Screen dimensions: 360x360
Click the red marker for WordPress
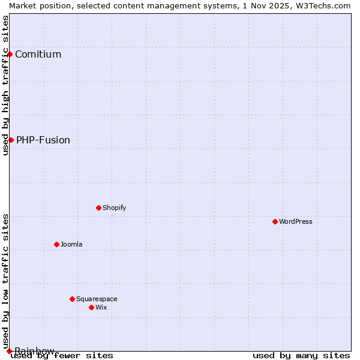tap(275, 221)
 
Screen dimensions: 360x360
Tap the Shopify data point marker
tap(98, 208)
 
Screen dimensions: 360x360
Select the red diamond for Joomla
tap(56, 244)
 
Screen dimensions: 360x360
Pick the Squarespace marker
tap(72, 299)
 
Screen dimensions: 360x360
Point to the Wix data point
tap(91, 307)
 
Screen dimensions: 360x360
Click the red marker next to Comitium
tap(10, 54)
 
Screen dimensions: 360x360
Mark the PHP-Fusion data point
tap(11, 140)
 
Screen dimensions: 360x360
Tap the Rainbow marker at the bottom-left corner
tap(9, 351)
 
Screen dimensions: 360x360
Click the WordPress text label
tap(296, 221)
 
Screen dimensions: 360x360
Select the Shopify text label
tap(114, 208)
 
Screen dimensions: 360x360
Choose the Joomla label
tap(71, 244)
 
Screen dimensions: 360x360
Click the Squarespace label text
tap(97, 299)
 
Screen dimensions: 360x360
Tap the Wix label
tap(101, 307)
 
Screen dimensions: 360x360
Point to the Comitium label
tap(38, 54)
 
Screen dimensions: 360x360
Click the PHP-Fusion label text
tap(43, 140)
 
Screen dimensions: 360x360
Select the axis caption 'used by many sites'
tap(301, 355)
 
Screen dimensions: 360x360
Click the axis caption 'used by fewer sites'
tap(62, 355)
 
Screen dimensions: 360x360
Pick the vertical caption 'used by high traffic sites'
tap(5, 85)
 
